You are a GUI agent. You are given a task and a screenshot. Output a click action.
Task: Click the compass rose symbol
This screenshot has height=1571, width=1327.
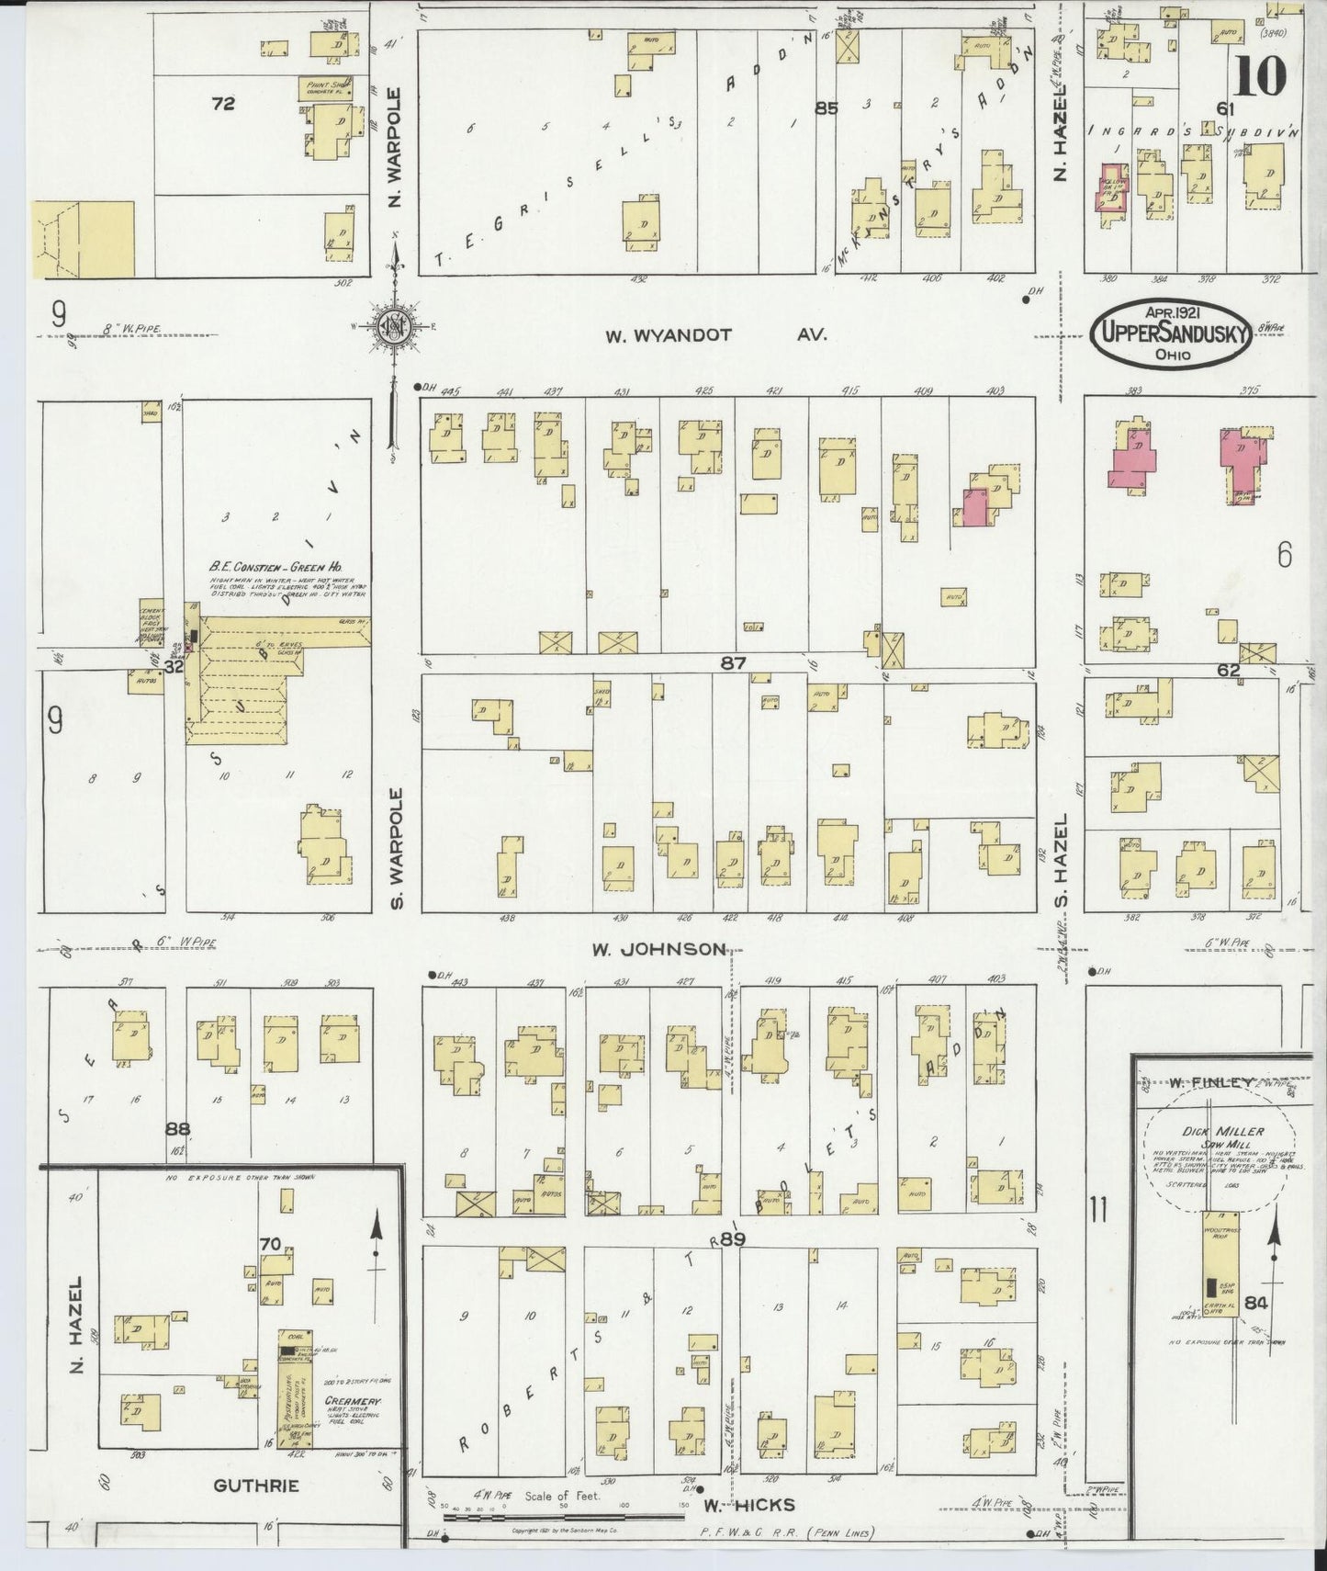395,325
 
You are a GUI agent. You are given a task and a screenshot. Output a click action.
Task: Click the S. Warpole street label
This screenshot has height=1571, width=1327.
398,847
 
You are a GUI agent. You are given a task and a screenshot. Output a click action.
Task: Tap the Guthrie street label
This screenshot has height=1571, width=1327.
256,1486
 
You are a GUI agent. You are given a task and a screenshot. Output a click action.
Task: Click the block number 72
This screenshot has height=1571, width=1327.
223,104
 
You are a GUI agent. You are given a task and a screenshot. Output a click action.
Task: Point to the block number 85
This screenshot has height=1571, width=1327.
827,108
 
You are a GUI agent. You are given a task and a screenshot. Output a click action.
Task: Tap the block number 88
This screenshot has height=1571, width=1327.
178,1127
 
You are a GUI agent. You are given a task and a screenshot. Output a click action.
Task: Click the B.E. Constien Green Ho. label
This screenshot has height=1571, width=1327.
277,568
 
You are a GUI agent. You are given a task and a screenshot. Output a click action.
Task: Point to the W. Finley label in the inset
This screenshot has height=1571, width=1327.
1210,1083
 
